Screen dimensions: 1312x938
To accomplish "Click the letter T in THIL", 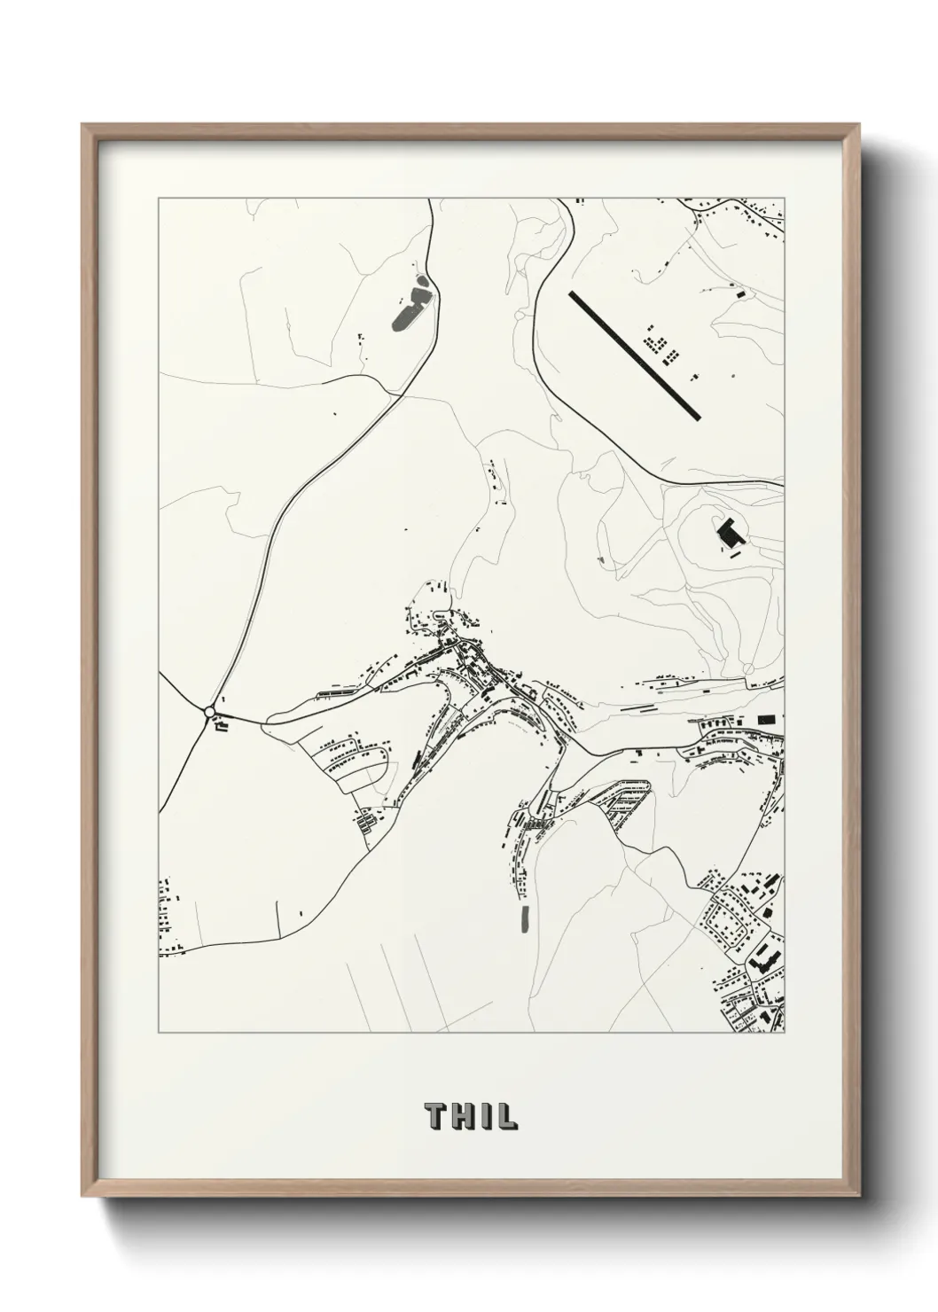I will point(436,1116).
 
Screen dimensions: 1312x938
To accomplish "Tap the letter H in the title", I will point(464,1116).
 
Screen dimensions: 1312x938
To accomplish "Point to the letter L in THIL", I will point(505,1116).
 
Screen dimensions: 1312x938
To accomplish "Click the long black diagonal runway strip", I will point(634,355).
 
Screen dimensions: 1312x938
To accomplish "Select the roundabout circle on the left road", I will point(209,711).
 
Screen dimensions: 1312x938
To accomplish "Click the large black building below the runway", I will point(731,534).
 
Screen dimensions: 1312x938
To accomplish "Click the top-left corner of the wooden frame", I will point(82,125).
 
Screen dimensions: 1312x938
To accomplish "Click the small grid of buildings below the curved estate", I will point(365,820).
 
